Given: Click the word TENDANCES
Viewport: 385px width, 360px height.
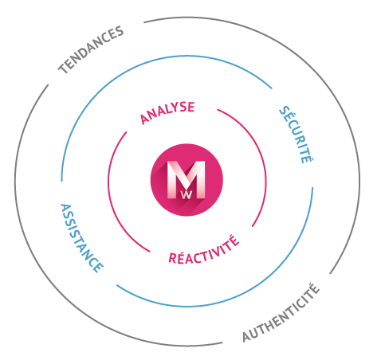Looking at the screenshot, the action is pos(91,50).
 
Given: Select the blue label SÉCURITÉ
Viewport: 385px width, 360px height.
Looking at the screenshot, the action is pos(297,135).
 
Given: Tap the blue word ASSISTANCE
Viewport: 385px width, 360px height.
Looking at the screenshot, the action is pos(81,238).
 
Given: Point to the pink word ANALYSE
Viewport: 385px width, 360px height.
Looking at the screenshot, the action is pos(167,112).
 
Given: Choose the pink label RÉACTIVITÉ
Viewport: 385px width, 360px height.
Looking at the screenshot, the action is pos(204,249).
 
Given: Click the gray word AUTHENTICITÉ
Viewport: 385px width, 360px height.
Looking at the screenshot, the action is pos(281,312).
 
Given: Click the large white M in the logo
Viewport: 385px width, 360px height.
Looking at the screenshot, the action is pos(187,179).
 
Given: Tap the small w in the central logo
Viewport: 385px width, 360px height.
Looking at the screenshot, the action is pos(187,195).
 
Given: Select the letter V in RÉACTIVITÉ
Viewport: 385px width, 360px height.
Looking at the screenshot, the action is pos(214,252).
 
